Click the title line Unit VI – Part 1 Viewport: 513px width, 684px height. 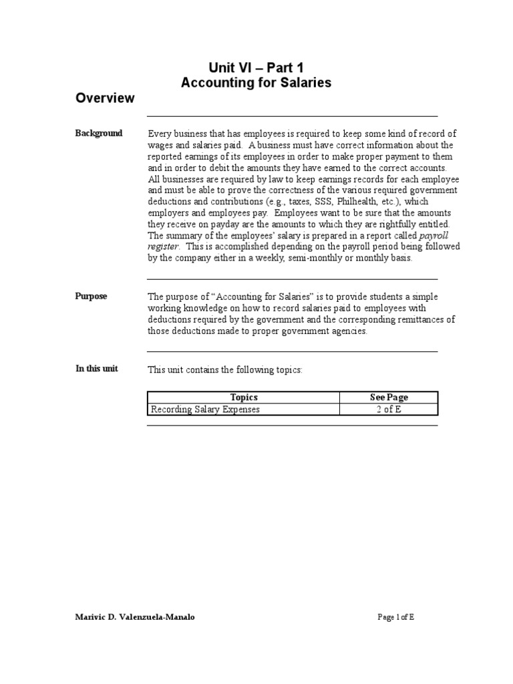click(256, 67)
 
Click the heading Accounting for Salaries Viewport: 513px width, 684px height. click(256, 83)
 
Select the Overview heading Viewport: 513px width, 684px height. click(105, 98)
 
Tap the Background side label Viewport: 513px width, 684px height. click(99, 134)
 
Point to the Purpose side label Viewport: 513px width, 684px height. click(91, 297)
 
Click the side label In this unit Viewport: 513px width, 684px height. click(97, 369)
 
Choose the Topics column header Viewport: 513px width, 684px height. click(243, 397)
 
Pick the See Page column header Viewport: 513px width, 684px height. click(389, 397)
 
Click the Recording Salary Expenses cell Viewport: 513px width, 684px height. click(205, 409)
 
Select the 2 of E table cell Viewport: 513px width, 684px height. click(389, 409)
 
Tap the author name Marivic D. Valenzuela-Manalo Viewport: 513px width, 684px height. click(136, 617)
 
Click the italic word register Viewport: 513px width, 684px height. click(163, 247)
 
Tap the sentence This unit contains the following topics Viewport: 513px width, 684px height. click(225, 369)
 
